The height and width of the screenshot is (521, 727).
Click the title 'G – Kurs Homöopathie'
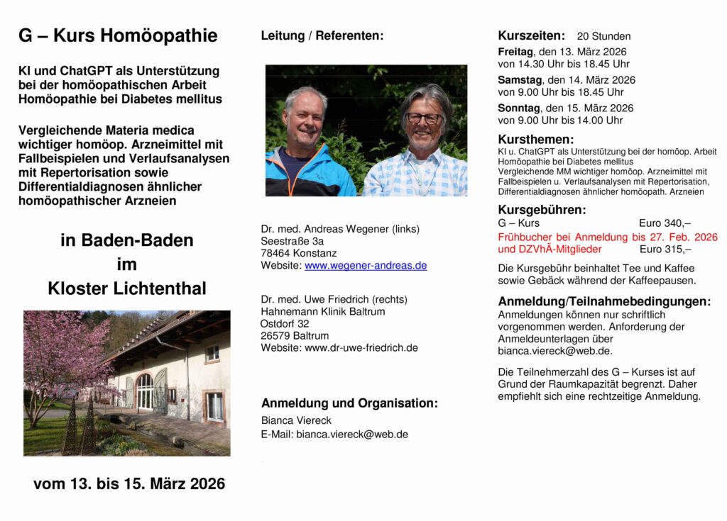(x=118, y=36)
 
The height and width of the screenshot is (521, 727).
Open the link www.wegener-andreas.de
(x=366, y=265)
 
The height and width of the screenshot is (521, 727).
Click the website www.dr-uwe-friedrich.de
(x=361, y=347)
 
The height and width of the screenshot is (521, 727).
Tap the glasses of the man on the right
(x=424, y=118)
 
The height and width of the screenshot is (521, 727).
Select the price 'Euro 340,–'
(x=665, y=223)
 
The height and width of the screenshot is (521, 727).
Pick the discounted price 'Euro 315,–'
(x=665, y=249)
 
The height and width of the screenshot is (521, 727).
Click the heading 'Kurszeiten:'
(x=532, y=35)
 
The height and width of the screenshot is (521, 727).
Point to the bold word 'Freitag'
(x=515, y=52)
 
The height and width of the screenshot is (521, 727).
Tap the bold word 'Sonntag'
(x=518, y=108)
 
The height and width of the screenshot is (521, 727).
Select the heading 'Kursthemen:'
(x=536, y=139)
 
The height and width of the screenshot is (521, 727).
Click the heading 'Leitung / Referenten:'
(x=322, y=35)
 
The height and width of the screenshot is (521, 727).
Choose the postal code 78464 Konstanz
(x=299, y=253)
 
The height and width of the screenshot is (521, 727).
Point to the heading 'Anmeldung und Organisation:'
(x=349, y=403)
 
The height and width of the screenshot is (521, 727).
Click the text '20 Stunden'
(x=603, y=36)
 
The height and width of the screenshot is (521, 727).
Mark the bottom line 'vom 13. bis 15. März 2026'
(x=129, y=484)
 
